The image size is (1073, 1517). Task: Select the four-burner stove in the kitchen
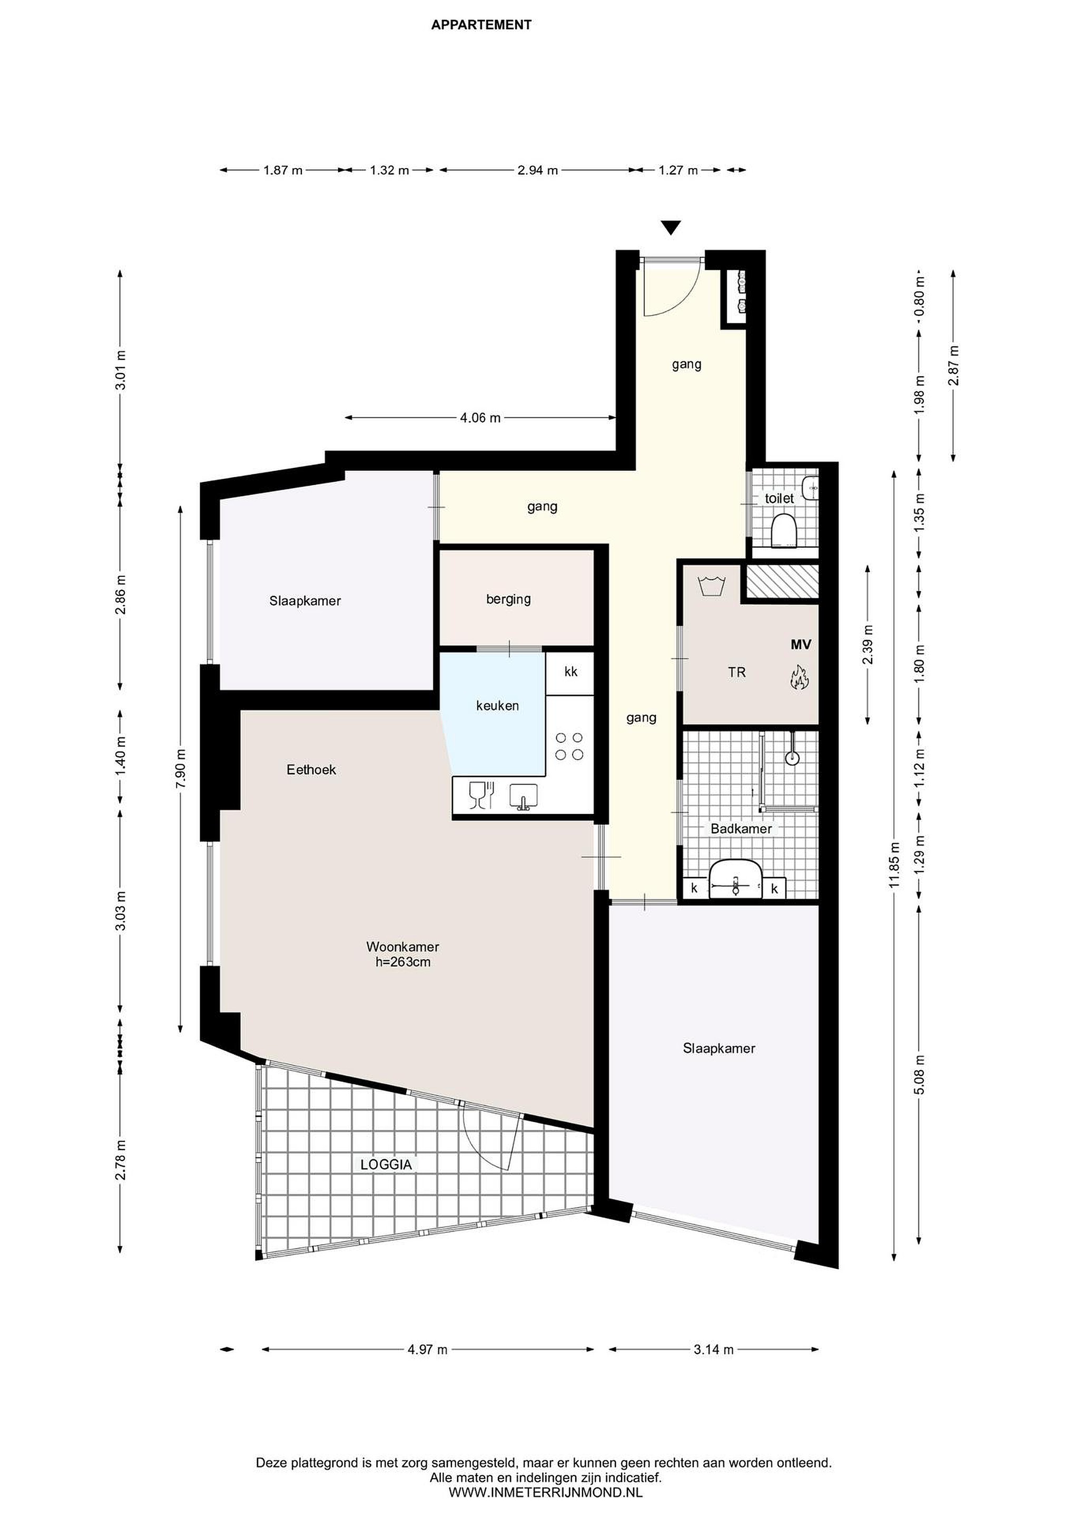[569, 746]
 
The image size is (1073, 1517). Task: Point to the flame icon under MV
[800, 678]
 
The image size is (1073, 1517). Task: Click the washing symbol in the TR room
[712, 585]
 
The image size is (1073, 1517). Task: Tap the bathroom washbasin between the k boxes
[735, 879]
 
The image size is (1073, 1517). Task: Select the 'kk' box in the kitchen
[571, 673]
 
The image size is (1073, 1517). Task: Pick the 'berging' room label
[508, 599]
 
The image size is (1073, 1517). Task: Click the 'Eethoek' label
[311, 769]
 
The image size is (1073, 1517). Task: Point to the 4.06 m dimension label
[480, 418]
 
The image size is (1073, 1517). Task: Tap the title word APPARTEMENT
[481, 25]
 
